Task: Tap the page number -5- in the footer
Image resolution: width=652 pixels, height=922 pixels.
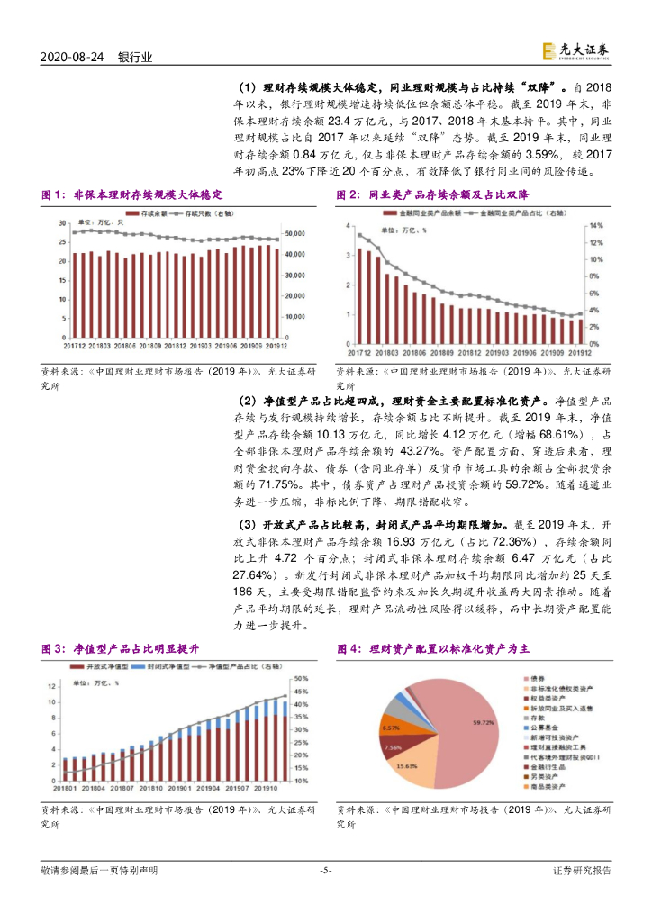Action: (326, 871)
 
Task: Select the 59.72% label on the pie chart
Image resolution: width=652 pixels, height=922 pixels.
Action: (484, 721)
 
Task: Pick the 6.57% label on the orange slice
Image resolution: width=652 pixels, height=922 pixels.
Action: (390, 728)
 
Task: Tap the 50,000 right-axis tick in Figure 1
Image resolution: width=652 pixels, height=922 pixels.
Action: (294, 233)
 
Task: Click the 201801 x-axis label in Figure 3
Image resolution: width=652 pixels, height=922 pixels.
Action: (67, 788)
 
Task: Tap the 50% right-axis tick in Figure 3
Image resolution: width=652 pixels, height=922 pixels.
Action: (301, 678)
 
